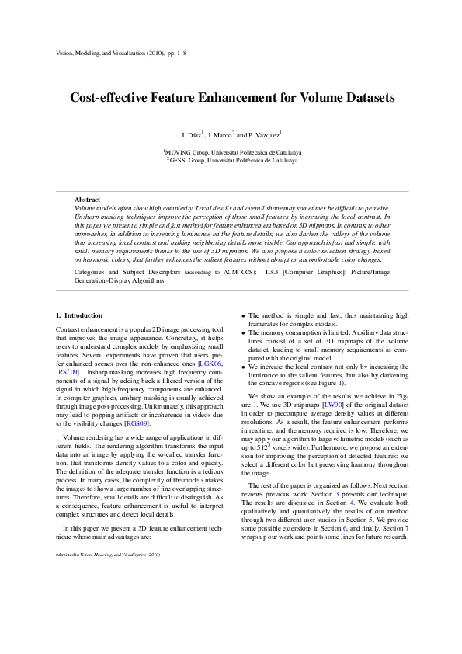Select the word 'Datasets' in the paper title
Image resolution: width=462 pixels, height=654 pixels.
point(366,99)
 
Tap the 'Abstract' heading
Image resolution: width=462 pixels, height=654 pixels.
point(87,200)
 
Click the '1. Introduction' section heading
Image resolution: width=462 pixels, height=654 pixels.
point(79,315)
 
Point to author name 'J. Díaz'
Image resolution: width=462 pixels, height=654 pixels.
point(191,135)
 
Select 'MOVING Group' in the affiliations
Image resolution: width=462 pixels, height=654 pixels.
point(184,153)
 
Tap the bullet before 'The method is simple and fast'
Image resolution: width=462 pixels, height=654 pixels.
point(243,316)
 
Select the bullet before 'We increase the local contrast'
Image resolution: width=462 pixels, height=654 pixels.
point(243,365)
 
